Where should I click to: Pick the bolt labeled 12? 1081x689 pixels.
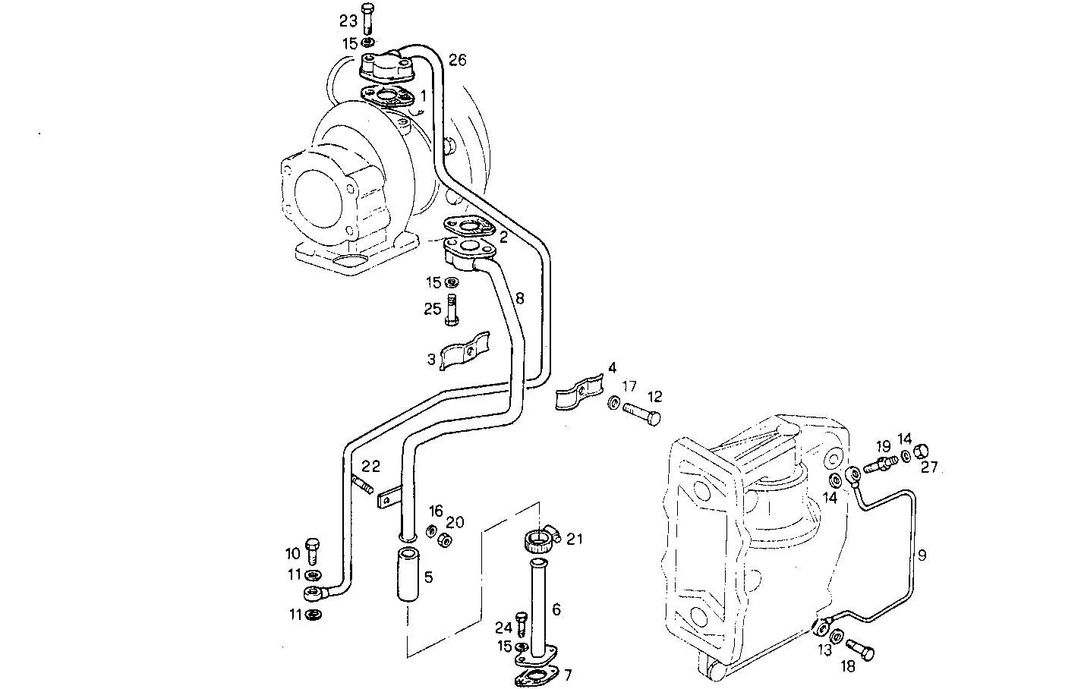click(641, 414)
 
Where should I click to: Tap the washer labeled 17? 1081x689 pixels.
click(613, 402)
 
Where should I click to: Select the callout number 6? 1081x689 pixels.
click(556, 609)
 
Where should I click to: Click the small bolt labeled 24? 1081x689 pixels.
click(522, 625)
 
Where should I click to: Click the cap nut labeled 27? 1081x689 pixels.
click(923, 451)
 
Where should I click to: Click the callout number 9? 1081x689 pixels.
click(922, 555)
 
